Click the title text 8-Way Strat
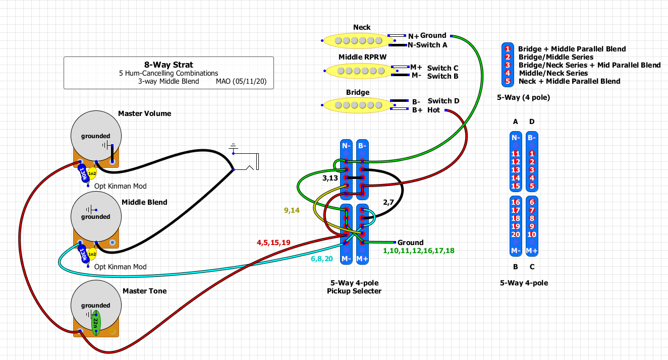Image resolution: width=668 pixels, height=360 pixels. click(169, 65)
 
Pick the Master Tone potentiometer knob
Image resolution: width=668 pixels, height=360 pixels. click(96, 305)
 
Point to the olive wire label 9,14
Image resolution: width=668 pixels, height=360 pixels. click(292, 211)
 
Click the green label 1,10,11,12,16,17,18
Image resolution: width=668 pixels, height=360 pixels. click(418, 251)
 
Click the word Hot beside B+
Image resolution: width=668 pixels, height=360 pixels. click(434, 110)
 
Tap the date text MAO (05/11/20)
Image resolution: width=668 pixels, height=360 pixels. click(241, 81)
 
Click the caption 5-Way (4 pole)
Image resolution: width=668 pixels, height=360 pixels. click(523, 98)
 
